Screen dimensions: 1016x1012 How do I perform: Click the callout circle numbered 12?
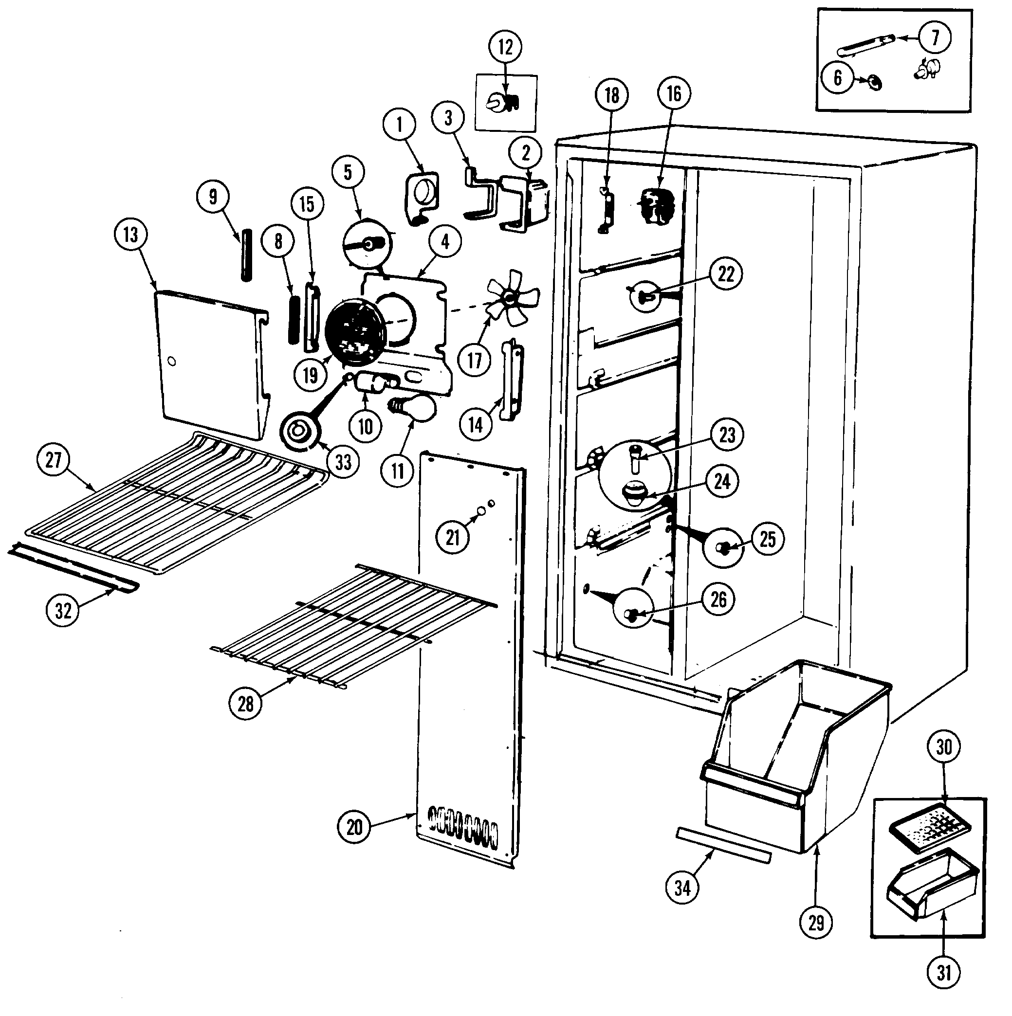505,47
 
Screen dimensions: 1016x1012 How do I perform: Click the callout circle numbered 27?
53,460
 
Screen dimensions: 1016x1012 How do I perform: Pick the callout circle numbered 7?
935,37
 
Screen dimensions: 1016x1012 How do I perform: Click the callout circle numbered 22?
726,273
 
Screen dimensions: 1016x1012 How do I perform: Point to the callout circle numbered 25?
768,539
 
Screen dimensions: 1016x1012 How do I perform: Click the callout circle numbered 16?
674,93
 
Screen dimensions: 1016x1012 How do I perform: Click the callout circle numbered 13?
130,235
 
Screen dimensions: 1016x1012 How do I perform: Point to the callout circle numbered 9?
213,197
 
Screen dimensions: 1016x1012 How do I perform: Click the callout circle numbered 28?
246,704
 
